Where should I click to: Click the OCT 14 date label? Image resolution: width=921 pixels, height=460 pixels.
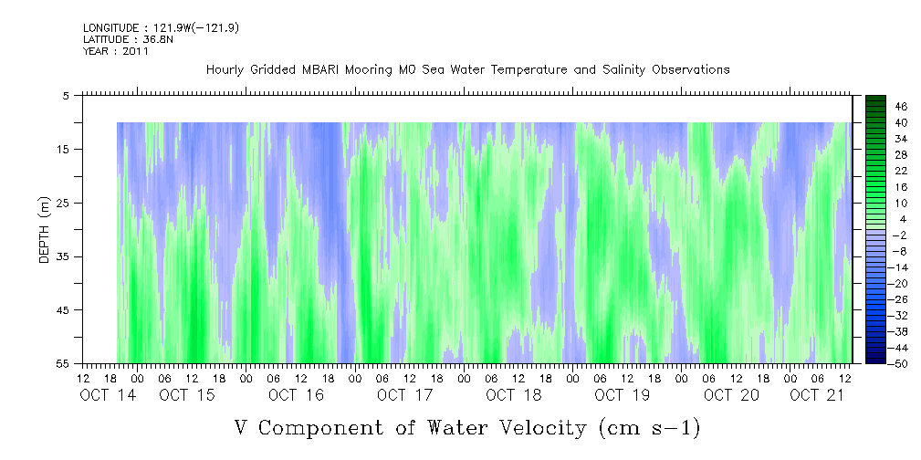tap(108, 395)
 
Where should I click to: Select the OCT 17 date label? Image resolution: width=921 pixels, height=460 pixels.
tap(404, 395)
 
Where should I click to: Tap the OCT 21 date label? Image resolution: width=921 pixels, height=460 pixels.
tap(817, 395)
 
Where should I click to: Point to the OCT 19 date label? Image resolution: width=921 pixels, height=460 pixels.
tap(622, 395)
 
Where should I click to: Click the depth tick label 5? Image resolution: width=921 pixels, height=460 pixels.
tap(66, 96)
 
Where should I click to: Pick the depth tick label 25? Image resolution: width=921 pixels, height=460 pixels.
tap(62, 204)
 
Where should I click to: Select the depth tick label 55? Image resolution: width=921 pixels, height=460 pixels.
tap(62, 363)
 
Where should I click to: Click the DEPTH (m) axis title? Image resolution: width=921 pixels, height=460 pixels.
tap(45, 230)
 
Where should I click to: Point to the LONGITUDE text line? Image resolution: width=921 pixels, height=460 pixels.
tap(161, 27)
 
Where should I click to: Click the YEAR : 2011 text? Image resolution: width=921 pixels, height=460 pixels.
tap(116, 51)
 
